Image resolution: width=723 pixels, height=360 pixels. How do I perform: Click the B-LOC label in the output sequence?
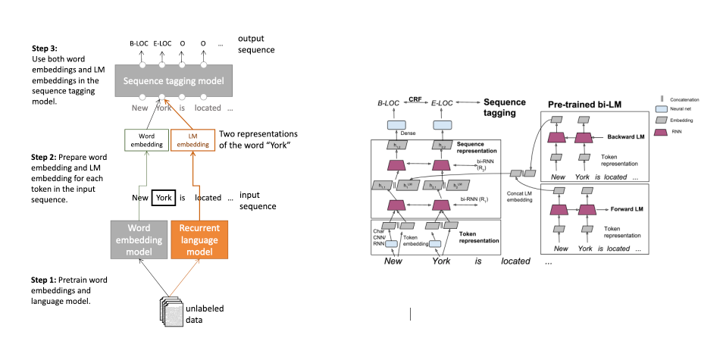pyautogui.click(x=139, y=44)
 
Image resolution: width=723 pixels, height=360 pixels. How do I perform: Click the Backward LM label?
pyautogui.click(x=624, y=137)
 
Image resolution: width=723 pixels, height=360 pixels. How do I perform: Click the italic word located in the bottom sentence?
pyautogui.click(x=517, y=261)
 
